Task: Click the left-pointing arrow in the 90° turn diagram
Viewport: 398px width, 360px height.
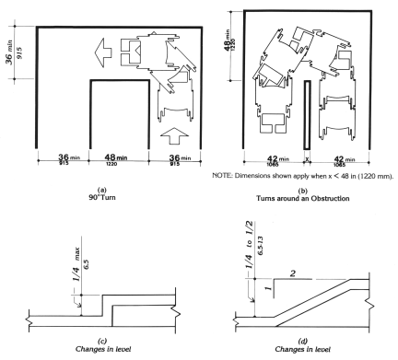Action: click(103, 52)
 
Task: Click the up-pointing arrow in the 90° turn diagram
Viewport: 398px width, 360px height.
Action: click(174, 135)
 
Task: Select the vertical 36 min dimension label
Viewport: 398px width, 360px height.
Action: click(14, 52)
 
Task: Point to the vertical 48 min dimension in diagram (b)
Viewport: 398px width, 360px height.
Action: click(229, 40)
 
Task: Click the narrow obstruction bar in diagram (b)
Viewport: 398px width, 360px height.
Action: click(307, 115)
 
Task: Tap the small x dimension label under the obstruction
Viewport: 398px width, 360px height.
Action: click(307, 159)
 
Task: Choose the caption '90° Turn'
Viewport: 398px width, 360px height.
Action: click(102, 197)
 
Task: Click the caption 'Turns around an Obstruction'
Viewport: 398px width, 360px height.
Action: click(303, 198)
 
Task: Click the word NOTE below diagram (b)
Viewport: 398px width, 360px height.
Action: click(220, 176)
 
